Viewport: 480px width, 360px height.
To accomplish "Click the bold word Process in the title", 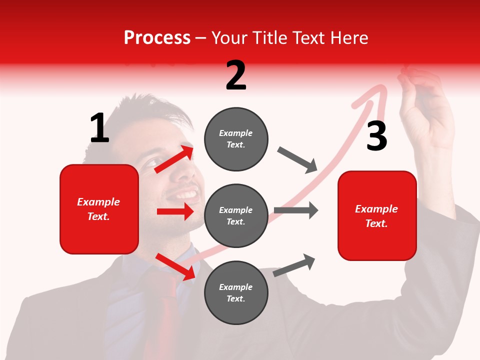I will coord(157,37).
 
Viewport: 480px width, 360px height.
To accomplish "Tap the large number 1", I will coord(99,128).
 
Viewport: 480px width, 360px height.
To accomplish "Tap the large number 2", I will coord(235,75).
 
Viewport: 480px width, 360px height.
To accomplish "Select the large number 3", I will coord(376,136).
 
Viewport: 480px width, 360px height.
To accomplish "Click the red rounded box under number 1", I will coord(99,209).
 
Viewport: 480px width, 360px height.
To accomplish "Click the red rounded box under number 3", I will coord(377,215).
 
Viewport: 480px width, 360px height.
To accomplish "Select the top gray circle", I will coord(236,138).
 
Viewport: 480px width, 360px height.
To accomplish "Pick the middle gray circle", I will coord(236,215).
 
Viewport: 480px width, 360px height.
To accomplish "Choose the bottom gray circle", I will coord(236,292).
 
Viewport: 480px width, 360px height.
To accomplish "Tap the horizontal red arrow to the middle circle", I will coord(175,211).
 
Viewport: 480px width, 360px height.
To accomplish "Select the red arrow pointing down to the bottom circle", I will coord(175,266).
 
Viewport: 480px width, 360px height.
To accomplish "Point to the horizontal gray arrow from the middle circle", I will coord(296,210).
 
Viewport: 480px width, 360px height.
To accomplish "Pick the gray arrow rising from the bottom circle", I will coord(294,265).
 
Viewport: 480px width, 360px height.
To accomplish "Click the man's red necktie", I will coord(167,310).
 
